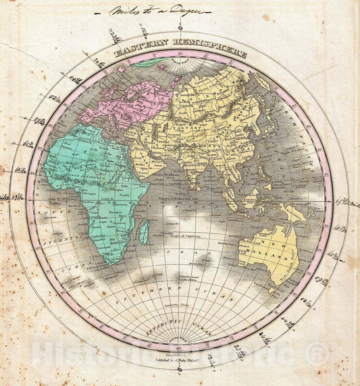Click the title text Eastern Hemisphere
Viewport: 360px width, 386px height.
pos(180,52)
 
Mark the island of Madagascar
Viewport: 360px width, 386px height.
pos(143,233)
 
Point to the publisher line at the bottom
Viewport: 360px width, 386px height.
pos(180,352)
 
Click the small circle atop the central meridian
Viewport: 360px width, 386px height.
pos(180,28)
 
